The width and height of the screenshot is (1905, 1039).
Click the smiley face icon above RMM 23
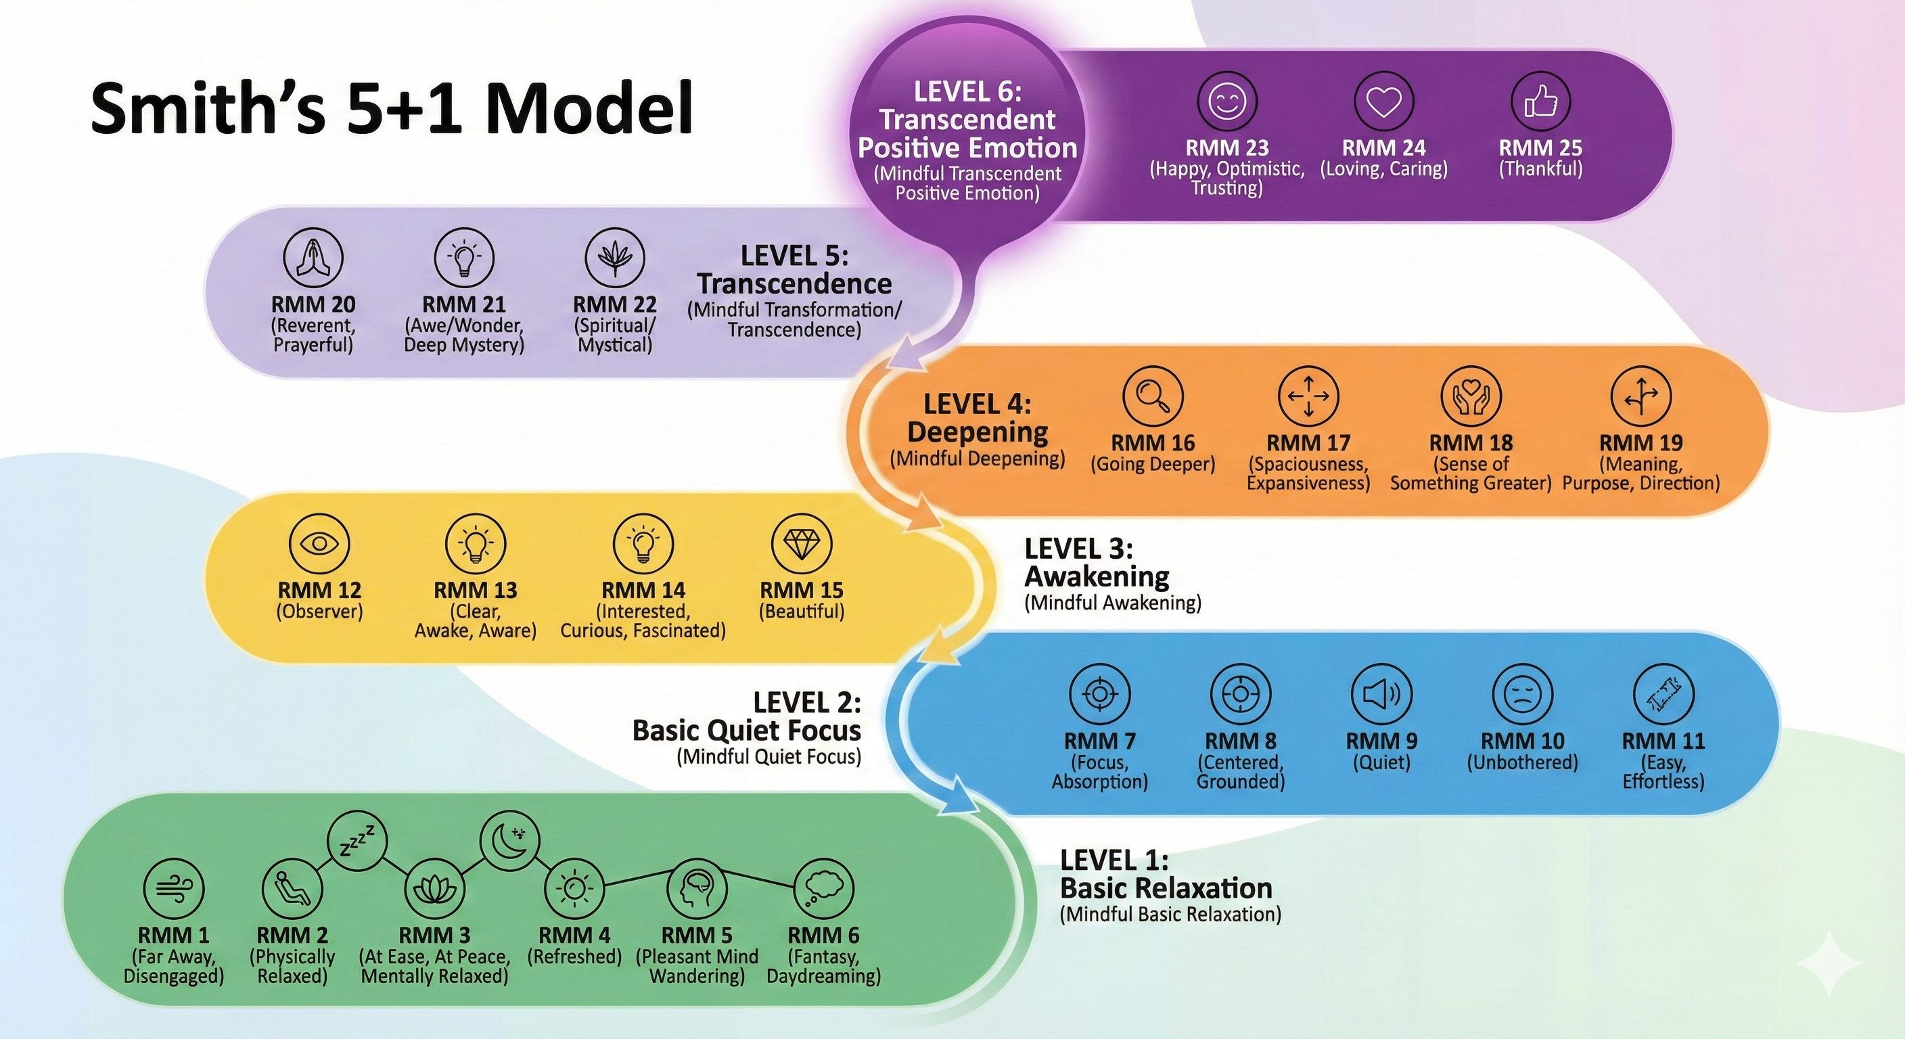[x=1227, y=101]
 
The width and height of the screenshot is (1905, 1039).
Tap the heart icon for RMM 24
[x=1383, y=101]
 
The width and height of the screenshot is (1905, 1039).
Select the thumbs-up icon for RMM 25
[x=1540, y=101]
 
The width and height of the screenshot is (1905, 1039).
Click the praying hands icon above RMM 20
[x=314, y=257]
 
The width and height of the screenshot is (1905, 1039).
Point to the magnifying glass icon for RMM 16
[x=1153, y=396]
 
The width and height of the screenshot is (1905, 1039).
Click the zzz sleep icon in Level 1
[x=357, y=841]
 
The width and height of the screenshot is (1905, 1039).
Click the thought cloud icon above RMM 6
[x=823, y=888]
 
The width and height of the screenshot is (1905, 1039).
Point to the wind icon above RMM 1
[x=174, y=888]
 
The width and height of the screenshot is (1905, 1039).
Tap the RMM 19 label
[x=1641, y=443]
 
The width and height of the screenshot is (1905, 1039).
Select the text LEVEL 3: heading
[x=1078, y=549]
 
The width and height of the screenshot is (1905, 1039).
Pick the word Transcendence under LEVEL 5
[x=794, y=284]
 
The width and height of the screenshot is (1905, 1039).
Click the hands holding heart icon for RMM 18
[x=1471, y=396]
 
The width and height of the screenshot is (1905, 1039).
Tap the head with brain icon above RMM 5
[x=697, y=888]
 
